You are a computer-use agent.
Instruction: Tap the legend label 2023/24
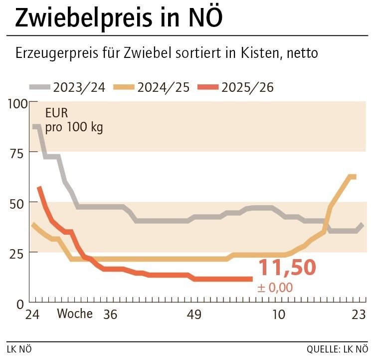[79, 87]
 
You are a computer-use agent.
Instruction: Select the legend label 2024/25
[163, 87]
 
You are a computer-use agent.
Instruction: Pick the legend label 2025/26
[247, 87]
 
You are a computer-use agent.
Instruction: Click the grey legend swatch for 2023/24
[40, 87]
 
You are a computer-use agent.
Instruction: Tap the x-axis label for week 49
[193, 315]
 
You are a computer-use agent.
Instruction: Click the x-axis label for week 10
[278, 315]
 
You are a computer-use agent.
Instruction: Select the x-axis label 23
[358, 315]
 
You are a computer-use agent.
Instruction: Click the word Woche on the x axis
[75, 314]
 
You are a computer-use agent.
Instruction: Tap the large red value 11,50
[286, 268]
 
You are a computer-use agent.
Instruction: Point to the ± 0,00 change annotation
[275, 288]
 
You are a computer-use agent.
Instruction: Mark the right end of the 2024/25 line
[355, 176]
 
